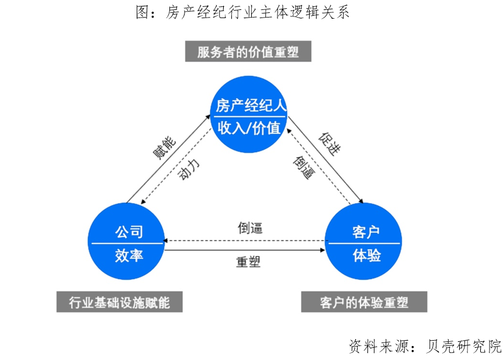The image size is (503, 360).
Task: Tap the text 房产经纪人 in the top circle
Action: point(250,105)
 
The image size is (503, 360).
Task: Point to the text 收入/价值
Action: point(250,128)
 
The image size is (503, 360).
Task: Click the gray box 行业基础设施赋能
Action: point(119,302)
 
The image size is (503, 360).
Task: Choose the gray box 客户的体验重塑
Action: point(364,302)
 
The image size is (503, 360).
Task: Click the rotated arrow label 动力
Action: point(189,169)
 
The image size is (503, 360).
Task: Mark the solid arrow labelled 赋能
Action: point(168,158)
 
